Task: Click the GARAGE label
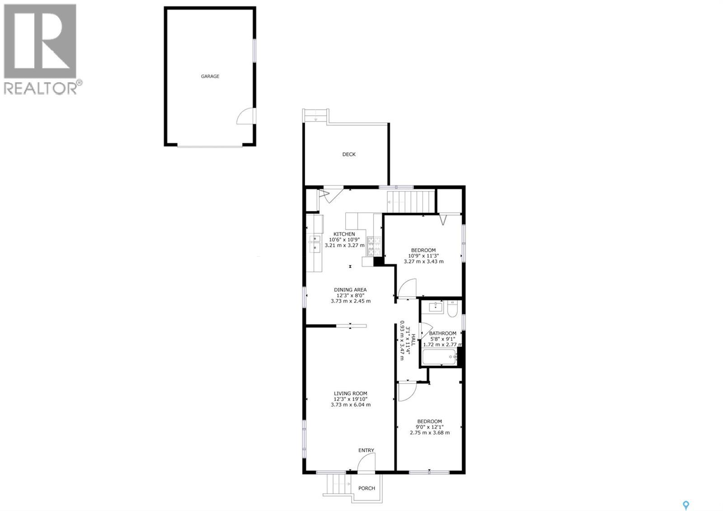pos(210,76)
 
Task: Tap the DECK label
pos(349,154)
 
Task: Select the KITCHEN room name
pos(344,234)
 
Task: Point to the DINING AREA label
pos(350,290)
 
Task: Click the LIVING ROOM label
pos(350,393)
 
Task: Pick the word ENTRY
pos(366,450)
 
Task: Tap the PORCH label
pos(366,488)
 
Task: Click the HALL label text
pos(413,340)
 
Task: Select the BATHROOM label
pos(442,333)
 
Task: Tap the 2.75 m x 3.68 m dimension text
pos(429,432)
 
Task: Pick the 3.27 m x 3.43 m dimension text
pos(423,261)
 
